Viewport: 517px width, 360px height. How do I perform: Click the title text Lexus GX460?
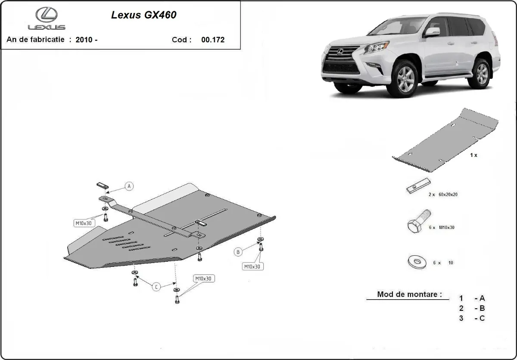(x=143, y=15)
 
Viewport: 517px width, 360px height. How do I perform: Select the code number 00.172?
(x=213, y=40)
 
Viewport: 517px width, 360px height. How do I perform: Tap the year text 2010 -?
(x=86, y=40)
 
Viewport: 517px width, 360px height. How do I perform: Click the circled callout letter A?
(x=129, y=186)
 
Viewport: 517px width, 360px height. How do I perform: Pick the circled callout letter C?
(x=156, y=286)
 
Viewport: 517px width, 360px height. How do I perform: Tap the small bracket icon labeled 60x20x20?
(x=417, y=186)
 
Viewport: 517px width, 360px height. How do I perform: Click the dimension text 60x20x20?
(x=448, y=194)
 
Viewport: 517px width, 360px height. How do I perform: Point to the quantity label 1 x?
(x=473, y=155)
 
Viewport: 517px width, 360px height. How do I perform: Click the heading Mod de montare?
(x=409, y=294)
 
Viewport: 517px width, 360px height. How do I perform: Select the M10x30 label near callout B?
(x=252, y=266)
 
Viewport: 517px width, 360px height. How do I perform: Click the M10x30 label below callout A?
(x=83, y=223)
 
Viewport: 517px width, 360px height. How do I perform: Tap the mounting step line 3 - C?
(x=472, y=318)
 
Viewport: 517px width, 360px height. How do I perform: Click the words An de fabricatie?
(x=35, y=40)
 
